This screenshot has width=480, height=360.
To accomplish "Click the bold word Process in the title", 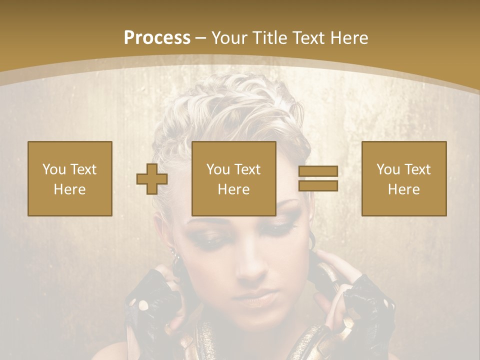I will coord(157,38).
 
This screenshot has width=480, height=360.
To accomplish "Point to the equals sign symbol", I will coord(318,178).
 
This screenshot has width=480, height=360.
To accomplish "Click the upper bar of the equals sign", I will coord(318,171).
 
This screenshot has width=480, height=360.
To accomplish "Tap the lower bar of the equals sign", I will coord(318,185).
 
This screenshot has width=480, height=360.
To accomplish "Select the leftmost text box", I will coord(70,178).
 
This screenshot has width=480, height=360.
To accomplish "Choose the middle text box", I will coord(234,178).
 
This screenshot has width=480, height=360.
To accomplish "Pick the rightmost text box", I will coord(404,178).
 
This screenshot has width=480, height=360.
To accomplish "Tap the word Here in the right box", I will coord(404,189).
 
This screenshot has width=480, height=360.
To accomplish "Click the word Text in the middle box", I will coord(246,169).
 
